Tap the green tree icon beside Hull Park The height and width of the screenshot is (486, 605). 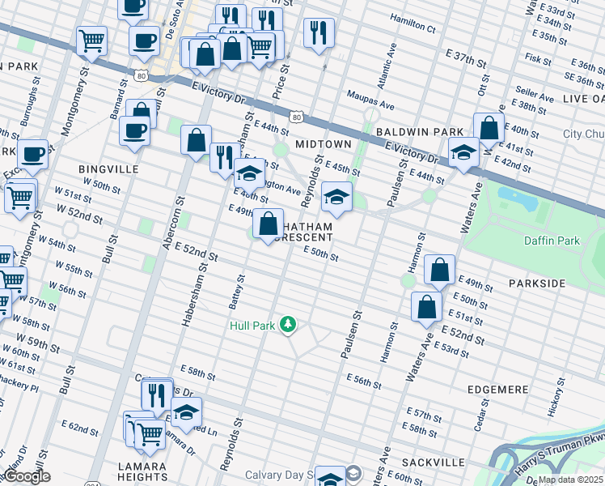click(287, 326)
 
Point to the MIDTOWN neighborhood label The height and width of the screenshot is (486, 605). click(323, 143)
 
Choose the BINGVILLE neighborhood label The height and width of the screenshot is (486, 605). click(108, 169)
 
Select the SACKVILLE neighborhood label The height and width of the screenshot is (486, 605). click(437, 462)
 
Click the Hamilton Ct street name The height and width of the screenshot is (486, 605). click(412, 27)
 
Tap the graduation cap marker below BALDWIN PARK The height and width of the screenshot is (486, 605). click(463, 151)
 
